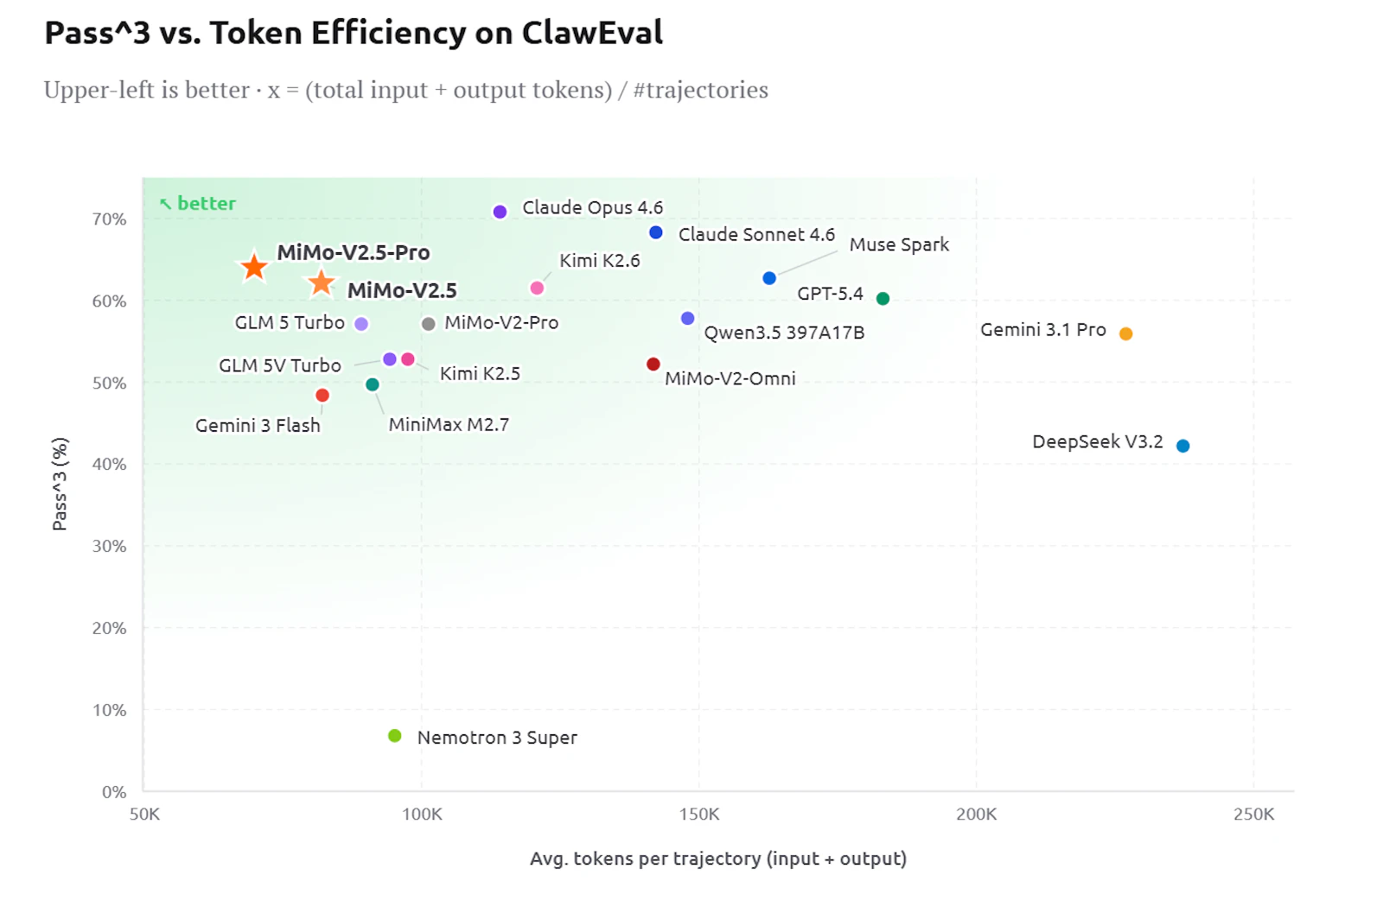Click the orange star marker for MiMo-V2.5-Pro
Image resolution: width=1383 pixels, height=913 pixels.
pyautogui.click(x=254, y=267)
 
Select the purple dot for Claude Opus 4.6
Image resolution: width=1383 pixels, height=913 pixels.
pyautogui.click(x=500, y=212)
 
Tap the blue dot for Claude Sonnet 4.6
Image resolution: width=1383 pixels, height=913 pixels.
pyautogui.click(x=656, y=232)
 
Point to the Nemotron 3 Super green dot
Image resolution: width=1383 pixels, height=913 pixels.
pyautogui.click(x=394, y=735)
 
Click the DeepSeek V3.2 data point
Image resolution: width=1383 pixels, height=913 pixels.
pyautogui.click(x=1183, y=446)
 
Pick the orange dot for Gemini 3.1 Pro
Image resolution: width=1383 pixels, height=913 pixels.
pyautogui.click(x=1125, y=333)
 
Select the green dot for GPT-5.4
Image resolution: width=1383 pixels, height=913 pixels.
pyautogui.click(x=883, y=299)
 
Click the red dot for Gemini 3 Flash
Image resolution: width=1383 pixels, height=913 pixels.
pyautogui.click(x=322, y=396)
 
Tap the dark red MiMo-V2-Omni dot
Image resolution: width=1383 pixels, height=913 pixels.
pyautogui.click(x=653, y=364)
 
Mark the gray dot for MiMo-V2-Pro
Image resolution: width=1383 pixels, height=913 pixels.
pyautogui.click(x=429, y=324)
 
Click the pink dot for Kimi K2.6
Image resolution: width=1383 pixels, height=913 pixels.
pyautogui.click(x=537, y=288)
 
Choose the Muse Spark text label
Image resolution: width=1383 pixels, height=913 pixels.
pyautogui.click(x=899, y=244)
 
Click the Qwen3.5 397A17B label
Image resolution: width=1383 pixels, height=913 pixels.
pyautogui.click(x=784, y=333)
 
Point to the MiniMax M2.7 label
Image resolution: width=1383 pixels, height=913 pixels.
pyautogui.click(x=449, y=424)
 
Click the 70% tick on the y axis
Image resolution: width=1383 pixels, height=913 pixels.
pyautogui.click(x=109, y=219)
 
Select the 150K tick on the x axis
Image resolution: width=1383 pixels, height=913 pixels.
pyautogui.click(x=699, y=815)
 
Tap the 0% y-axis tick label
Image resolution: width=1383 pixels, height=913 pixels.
pyautogui.click(x=114, y=792)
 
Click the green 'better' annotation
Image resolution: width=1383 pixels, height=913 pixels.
pyautogui.click(x=198, y=203)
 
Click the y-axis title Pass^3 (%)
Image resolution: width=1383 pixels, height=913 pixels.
pyautogui.click(x=60, y=485)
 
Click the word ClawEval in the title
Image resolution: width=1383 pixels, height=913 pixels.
pyautogui.click(x=592, y=32)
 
